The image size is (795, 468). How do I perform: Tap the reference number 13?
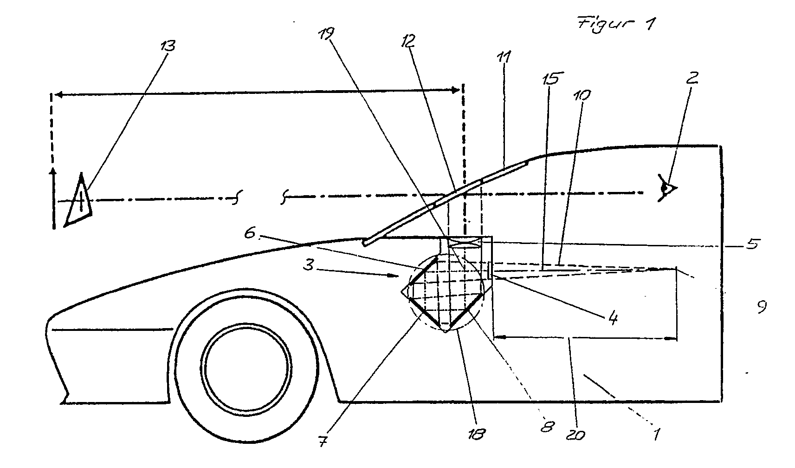pos(167,46)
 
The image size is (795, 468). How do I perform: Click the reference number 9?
pos(761,307)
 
